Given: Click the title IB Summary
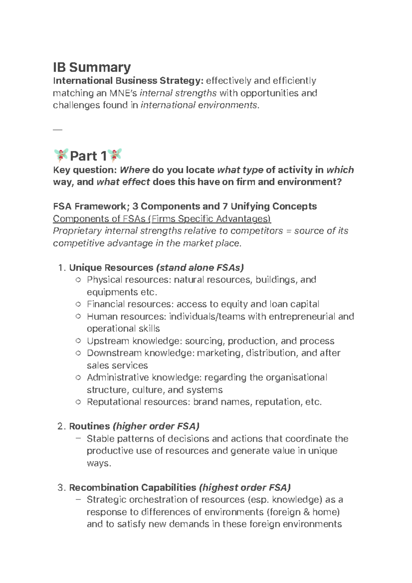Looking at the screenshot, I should pos(92,67).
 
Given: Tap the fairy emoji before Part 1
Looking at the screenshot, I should pos(61,156).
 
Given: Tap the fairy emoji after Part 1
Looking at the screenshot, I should pos(115,156).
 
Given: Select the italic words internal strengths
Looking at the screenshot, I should pos(178,93).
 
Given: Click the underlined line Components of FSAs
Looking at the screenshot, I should pos(162,219).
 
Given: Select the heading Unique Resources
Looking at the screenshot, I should pos(111,267).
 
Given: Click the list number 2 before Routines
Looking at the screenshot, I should pos(61,426).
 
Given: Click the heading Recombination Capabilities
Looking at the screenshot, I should pos(133,488).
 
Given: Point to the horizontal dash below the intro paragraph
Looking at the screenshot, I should pos(57,130).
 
